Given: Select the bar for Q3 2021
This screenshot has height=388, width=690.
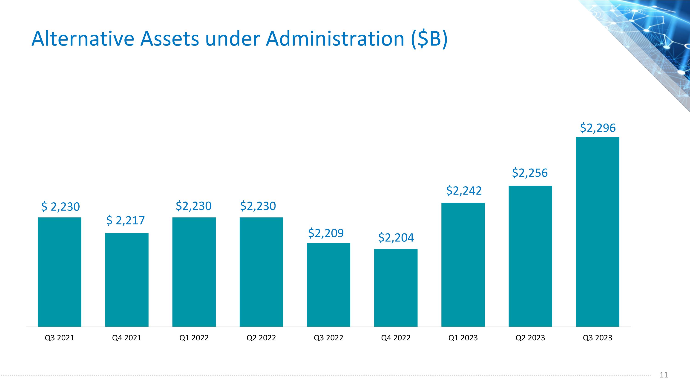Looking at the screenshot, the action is click(x=60, y=272).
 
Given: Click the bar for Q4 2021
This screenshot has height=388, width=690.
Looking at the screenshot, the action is click(x=127, y=280).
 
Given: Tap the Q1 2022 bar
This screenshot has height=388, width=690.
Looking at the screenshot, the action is click(x=194, y=272).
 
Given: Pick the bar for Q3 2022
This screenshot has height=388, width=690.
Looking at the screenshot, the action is click(x=328, y=285).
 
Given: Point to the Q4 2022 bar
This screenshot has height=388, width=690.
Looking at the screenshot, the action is click(x=396, y=288).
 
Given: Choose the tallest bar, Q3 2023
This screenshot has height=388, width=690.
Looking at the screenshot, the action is click(x=598, y=232).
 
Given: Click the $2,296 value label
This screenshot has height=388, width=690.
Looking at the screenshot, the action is click(x=598, y=128).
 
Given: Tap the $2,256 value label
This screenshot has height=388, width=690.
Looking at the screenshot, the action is click(x=530, y=173).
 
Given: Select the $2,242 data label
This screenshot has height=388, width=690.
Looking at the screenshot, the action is click(x=464, y=191).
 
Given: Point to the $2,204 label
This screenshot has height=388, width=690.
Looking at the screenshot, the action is click(x=396, y=238).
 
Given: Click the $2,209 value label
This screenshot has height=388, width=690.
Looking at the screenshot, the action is click(x=326, y=233).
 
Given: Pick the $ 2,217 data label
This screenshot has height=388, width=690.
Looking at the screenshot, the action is click(x=125, y=220).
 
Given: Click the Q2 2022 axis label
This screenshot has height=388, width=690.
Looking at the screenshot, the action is click(x=261, y=338).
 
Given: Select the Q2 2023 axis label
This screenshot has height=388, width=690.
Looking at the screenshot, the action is click(x=530, y=338).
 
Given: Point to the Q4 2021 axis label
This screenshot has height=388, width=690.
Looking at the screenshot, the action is click(x=127, y=338).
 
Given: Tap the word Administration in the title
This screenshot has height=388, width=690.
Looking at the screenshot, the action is click(x=335, y=39).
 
